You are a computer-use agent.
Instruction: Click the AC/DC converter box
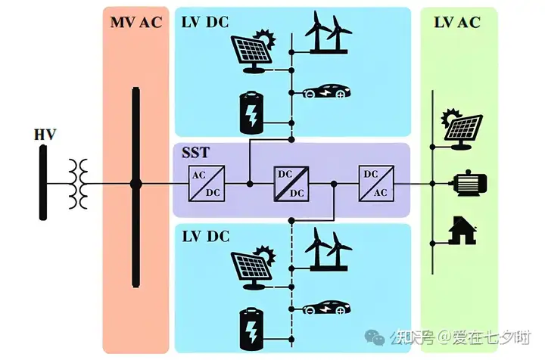pos(207,184)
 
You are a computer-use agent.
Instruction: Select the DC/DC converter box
pos(291,184)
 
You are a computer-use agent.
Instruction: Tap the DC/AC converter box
pos(376,184)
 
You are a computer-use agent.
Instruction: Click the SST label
pos(196,153)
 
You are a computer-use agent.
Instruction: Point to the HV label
pos(45,135)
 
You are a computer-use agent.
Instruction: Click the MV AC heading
pos(136,23)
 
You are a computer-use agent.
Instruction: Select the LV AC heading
pos(457,23)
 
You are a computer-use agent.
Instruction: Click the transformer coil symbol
pos(78,184)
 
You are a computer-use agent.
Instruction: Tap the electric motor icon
pos(469,183)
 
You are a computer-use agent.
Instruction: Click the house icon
pos(462,230)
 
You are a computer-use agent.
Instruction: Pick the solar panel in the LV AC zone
pos(462,129)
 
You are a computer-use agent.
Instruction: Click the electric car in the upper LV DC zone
pos(326,91)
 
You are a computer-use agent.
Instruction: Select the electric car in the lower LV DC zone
pos(326,307)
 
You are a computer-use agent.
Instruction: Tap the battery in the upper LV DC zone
pos(252,113)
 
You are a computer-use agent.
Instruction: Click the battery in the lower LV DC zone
pos(252,329)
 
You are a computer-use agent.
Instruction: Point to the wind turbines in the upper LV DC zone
pos(328,33)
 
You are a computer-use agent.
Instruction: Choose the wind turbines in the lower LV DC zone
pos(328,249)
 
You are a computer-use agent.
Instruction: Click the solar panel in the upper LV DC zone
pos(254,51)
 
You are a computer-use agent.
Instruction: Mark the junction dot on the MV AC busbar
pos(136,184)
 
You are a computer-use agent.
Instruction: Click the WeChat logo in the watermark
pos(375,337)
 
